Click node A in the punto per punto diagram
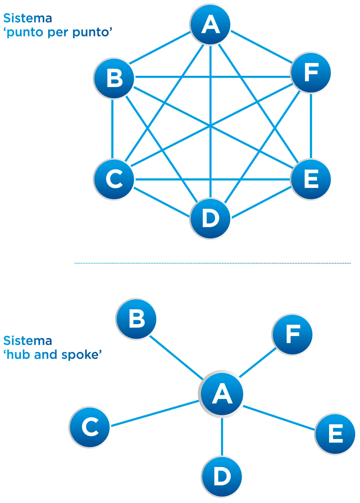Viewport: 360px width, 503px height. [211, 24]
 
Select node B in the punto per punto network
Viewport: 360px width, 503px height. [114, 78]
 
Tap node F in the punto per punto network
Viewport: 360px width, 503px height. [311, 73]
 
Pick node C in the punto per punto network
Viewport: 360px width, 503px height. [114, 179]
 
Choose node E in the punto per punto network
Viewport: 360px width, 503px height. [311, 179]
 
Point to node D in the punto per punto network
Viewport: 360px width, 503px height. [211, 218]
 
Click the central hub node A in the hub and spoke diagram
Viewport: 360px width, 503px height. [222, 394]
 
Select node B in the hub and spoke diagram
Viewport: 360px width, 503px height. [136, 319]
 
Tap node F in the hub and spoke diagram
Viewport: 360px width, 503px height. [292, 334]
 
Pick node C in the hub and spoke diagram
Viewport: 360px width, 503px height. [90, 427]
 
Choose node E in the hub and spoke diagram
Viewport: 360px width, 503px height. [335, 434]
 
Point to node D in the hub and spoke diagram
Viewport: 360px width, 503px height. [222, 476]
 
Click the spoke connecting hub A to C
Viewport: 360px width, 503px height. [154, 414]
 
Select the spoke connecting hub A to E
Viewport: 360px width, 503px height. [278, 418]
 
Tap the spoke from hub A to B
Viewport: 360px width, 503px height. [176, 357]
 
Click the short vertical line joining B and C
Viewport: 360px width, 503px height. [113, 128]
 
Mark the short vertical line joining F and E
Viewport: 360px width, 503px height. [311, 126]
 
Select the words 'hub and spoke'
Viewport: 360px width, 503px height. [53, 355]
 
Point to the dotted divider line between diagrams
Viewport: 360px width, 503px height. [212, 263]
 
